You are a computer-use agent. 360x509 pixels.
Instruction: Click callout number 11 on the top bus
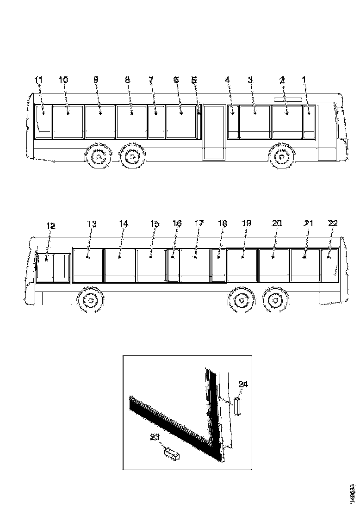(x=39, y=81)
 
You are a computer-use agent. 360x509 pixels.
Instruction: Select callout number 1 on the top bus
(x=304, y=81)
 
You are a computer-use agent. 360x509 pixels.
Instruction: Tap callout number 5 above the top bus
(x=194, y=81)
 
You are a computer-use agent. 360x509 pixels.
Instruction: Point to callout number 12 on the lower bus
(x=50, y=226)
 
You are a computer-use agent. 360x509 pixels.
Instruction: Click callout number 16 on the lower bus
(x=177, y=223)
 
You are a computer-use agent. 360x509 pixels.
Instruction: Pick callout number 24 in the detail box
(x=243, y=384)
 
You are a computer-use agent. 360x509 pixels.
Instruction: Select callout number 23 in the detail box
(x=155, y=436)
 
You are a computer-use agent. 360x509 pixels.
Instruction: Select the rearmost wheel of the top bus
(x=98, y=157)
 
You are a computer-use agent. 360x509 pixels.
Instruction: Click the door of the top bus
(x=214, y=132)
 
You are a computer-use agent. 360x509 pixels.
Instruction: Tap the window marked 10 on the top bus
(x=68, y=122)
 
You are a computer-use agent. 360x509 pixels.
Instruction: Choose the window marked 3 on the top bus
(x=254, y=122)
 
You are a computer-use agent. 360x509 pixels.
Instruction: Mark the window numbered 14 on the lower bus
(x=119, y=265)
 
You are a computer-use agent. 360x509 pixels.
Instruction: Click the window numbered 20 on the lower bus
(x=273, y=265)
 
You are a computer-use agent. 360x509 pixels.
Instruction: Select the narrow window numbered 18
(x=218, y=265)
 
